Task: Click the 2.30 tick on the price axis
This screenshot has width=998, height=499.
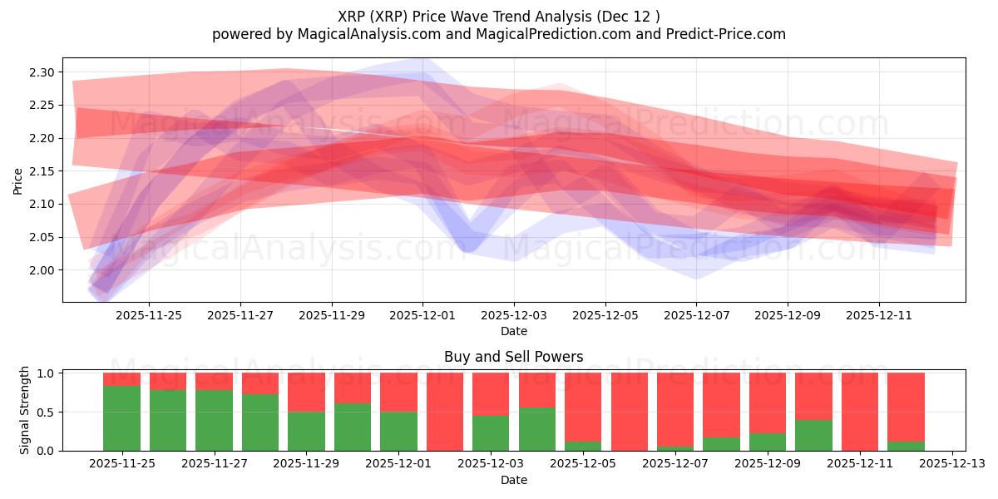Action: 42,72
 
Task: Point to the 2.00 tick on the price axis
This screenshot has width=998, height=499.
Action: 42,270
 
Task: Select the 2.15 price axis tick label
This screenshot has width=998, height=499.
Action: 42,171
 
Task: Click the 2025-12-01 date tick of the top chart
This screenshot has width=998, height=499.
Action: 422,315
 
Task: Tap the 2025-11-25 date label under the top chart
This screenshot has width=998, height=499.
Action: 149,315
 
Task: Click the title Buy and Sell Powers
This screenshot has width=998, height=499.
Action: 513,357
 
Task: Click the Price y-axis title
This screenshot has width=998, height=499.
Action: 18,180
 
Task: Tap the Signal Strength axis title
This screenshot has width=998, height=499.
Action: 25,409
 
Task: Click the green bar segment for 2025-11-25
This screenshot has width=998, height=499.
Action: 121,418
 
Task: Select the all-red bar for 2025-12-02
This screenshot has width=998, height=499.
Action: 445,412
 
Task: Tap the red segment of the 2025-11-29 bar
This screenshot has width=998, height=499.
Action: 306,392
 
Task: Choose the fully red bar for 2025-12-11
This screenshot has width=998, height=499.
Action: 860,412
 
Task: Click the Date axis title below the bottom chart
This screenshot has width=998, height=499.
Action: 513,480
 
